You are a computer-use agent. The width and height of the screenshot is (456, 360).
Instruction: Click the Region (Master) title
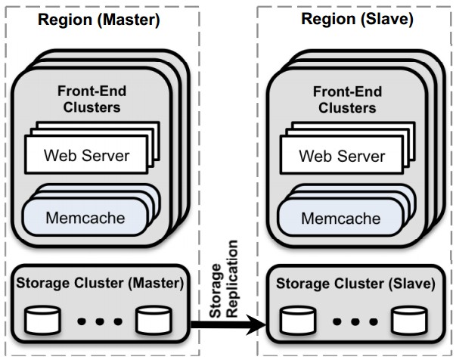tap(99, 20)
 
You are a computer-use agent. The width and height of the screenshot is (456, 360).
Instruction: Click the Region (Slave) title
tap(357, 20)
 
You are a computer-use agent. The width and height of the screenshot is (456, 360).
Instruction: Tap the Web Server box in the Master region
tap(86, 155)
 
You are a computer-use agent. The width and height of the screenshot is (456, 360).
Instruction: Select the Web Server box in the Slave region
tap(342, 155)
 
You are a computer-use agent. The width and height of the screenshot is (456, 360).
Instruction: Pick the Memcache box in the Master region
tap(85, 217)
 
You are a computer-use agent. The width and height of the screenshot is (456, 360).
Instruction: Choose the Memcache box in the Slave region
tap(341, 218)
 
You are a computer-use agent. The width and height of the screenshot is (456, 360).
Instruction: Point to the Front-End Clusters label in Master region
tap(92, 99)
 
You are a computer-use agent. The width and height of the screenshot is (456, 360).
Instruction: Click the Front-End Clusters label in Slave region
tap(347, 99)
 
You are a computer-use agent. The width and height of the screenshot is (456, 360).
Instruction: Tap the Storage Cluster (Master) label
tap(100, 283)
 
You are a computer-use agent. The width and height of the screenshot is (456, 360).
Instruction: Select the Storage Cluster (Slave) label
tap(355, 284)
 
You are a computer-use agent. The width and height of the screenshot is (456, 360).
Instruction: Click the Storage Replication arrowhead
tap(256, 324)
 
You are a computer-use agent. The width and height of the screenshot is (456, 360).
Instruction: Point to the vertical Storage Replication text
tap(224, 279)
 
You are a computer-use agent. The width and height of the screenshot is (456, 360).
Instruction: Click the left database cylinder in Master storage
tap(43, 320)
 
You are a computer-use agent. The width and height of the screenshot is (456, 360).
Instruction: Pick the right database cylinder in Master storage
tap(154, 320)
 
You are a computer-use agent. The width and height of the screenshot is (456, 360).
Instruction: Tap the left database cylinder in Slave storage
tap(298, 321)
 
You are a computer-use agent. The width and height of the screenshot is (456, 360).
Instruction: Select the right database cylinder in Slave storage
tap(409, 321)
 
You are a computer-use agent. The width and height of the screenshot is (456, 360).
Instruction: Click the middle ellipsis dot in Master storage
tap(100, 321)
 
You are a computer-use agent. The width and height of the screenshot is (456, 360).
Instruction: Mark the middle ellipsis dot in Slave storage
tap(355, 321)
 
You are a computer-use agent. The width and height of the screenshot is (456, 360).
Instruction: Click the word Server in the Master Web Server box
tap(106, 155)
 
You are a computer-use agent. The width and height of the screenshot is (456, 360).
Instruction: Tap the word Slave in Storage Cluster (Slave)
tap(412, 284)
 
